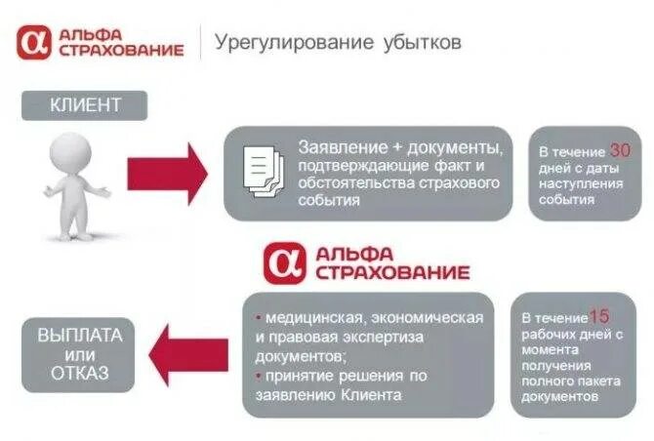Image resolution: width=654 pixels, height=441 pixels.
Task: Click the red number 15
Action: [600, 316]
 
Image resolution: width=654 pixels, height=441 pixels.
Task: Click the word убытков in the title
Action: [421, 44]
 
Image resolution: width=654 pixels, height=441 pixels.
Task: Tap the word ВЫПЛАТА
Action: [80, 335]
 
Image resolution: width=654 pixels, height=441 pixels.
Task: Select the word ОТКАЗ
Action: [81, 373]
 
